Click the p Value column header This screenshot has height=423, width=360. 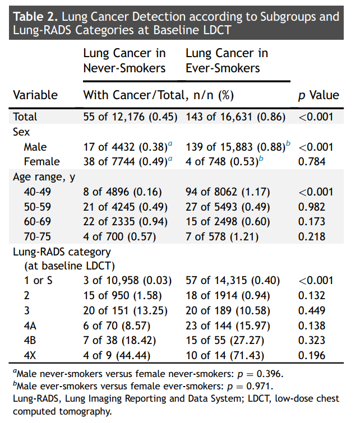click(319, 95)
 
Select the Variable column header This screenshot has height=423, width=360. click(35, 95)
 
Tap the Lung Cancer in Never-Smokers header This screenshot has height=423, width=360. click(124, 61)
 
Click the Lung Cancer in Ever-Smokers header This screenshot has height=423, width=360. click(227, 61)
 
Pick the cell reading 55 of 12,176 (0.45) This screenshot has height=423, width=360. click(130, 117)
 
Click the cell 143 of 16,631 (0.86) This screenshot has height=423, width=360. click(235, 117)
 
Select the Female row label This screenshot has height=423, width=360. click(41, 161)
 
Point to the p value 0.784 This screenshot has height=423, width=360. click(312, 161)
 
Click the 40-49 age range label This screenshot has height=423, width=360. click(37, 192)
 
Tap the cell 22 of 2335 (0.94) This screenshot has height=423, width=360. click(125, 222)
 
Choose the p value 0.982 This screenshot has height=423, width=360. click(312, 207)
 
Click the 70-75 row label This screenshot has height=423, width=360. click(37, 236)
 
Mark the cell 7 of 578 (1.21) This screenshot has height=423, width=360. click(222, 236)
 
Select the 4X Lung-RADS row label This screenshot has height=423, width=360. click(30, 355)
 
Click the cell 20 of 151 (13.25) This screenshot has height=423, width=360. click(125, 310)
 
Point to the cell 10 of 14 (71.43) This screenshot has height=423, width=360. click(225, 355)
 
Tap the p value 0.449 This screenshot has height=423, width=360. click(312, 310)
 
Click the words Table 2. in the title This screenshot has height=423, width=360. click(35, 17)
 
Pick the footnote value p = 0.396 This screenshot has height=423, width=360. click(260, 374)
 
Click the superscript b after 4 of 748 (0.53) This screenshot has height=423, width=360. click(261, 159)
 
